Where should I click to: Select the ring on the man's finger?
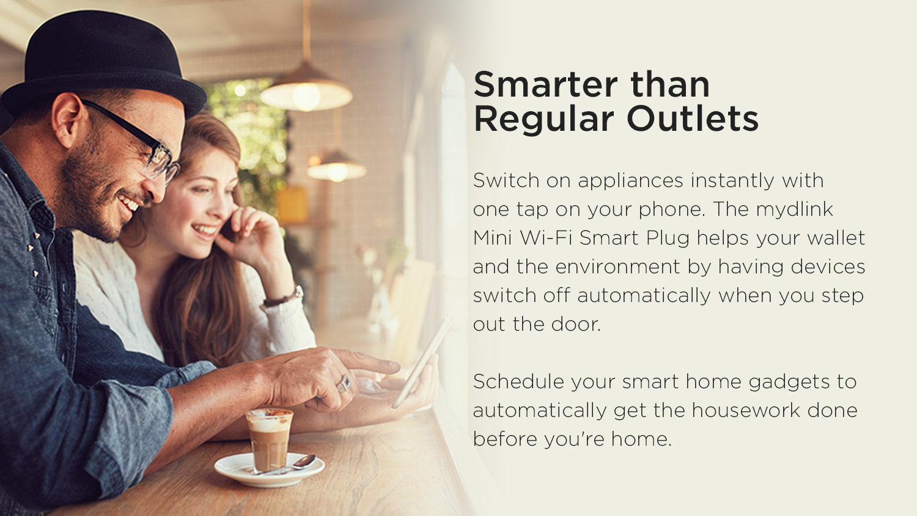pos(344,383)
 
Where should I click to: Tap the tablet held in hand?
pos(422,362)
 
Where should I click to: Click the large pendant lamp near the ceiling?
pos(306,88)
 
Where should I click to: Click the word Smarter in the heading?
pos(545,85)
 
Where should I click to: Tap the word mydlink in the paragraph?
pos(794,209)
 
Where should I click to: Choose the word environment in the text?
pos(617,267)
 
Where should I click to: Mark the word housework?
pos(746,410)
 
